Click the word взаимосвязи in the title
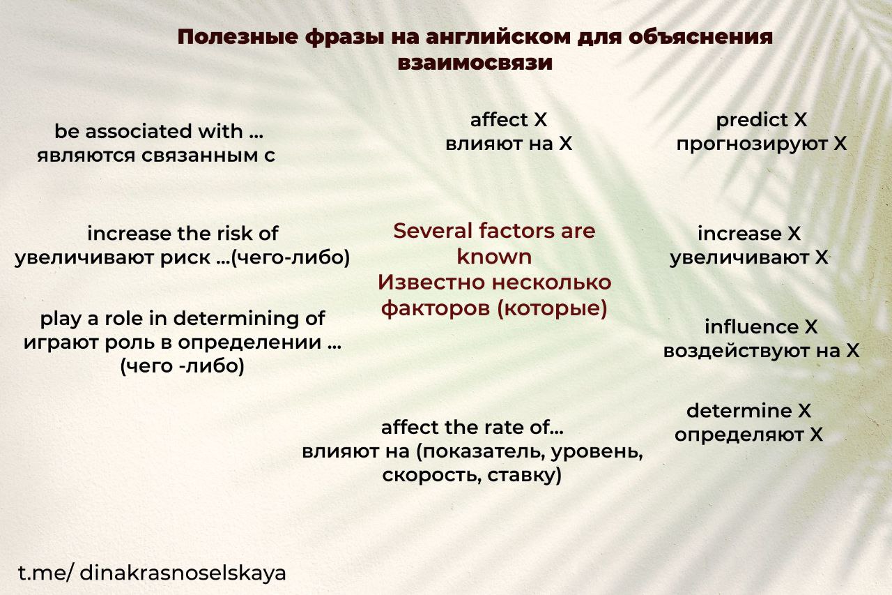pyautogui.click(x=475, y=63)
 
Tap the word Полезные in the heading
pyautogui.click(x=238, y=38)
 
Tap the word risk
pyautogui.click(x=237, y=234)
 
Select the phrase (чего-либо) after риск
pyautogui.click(x=290, y=258)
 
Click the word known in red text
pyautogui.click(x=494, y=257)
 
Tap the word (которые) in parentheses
pyautogui.click(x=553, y=308)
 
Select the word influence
pyautogui.click(x=751, y=327)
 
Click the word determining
pyautogui.click(x=238, y=319)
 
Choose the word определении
pyautogui.click(x=249, y=342)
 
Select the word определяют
pyautogui.click(x=739, y=435)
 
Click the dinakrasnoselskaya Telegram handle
pyautogui.click(x=183, y=574)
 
